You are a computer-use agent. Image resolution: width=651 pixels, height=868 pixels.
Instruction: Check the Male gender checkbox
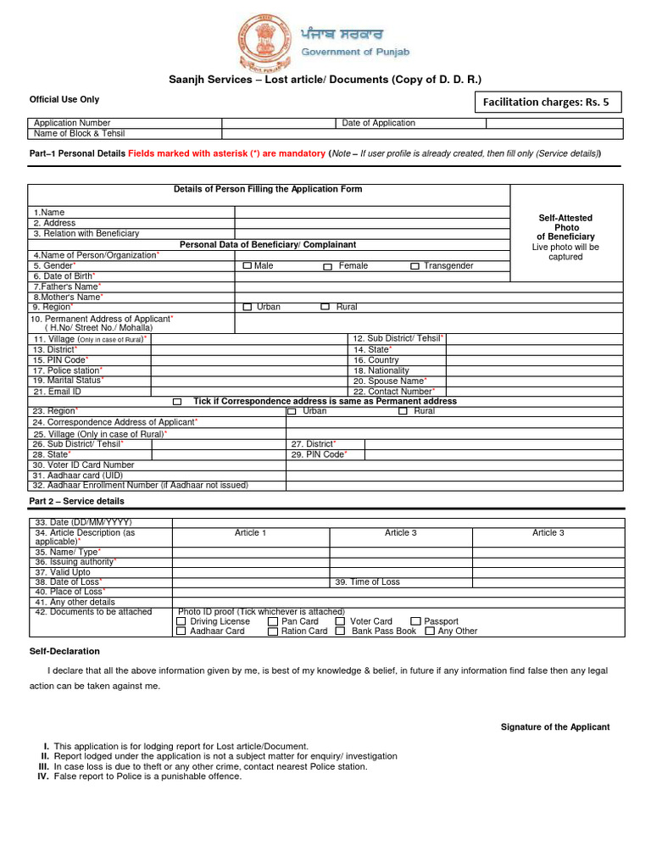(247, 266)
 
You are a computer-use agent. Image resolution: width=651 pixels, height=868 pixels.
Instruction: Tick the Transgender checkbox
(415, 266)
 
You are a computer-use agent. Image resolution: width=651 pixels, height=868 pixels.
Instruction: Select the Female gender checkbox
(327, 266)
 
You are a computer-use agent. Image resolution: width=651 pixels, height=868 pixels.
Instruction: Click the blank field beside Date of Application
(554, 123)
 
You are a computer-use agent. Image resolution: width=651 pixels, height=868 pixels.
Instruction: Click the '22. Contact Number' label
(394, 392)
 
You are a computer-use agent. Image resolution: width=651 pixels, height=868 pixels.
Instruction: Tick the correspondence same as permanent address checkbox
(177, 402)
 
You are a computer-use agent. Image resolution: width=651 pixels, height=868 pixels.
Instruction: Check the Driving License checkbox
(181, 621)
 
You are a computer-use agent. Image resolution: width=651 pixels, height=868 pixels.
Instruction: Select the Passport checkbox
(415, 621)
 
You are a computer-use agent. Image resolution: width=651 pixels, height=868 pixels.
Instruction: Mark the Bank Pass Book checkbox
(340, 631)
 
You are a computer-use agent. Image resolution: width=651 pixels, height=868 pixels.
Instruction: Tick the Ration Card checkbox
(272, 631)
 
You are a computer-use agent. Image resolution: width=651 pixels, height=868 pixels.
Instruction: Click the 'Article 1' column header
(250, 533)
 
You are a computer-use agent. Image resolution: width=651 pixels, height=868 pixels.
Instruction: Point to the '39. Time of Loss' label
(367, 582)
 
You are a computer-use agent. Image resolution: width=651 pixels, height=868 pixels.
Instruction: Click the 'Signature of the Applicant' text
(554, 727)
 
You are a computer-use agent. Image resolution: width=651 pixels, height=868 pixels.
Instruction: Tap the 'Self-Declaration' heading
(64, 651)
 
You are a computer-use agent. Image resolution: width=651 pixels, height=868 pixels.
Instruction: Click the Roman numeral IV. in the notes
(42, 776)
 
